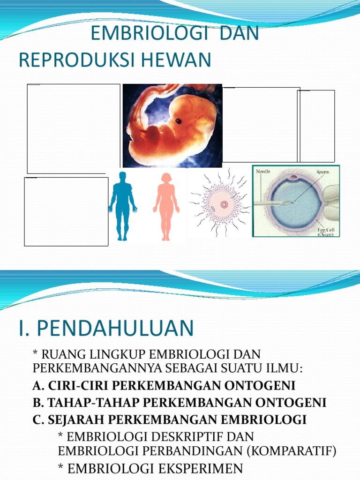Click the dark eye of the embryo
coord(179,121)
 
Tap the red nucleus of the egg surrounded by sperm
coord(224,204)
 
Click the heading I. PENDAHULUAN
coord(106,328)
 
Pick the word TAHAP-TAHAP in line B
coord(80,402)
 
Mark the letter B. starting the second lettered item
coord(38,402)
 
